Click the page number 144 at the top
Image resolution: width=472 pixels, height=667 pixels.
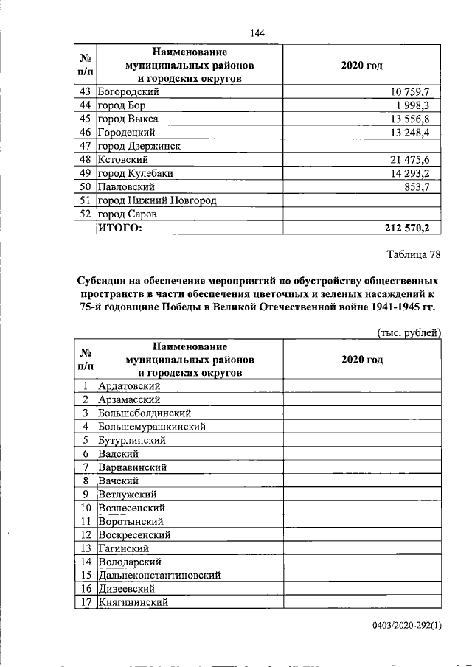(257, 32)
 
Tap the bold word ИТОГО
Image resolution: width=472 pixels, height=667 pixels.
(119, 228)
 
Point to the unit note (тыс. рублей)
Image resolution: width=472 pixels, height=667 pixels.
(409, 332)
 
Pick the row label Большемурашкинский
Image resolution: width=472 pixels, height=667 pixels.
(151, 426)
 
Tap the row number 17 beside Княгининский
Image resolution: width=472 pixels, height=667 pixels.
(86, 602)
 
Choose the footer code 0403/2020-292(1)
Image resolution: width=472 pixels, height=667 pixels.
(406, 626)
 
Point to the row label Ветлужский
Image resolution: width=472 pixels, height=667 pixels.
(126, 494)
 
